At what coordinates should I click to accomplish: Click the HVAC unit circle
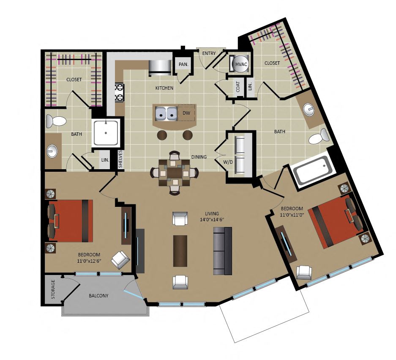click(x=241, y=64)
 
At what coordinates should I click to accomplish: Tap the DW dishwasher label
click(x=186, y=113)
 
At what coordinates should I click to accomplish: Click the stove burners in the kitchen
click(x=119, y=92)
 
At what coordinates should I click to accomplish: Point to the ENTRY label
click(x=209, y=53)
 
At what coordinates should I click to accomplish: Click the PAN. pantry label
click(x=183, y=64)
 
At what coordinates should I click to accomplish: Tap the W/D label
click(x=228, y=162)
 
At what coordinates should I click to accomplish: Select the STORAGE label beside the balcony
click(x=53, y=289)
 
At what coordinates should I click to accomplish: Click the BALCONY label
click(x=98, y=296)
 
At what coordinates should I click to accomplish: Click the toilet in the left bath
click(x=56, y=121)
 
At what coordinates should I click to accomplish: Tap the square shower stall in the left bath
click(x=106, y=133)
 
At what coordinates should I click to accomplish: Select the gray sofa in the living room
click(x=222, y=251)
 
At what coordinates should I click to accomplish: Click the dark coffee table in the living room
click(x=180, y=251)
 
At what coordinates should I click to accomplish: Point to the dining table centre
click(x=174, y=173)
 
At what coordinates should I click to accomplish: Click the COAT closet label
click(x=238, y=86)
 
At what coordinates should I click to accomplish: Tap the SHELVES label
click(x=120, y=159)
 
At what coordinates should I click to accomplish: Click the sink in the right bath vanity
click(x=309, y=109)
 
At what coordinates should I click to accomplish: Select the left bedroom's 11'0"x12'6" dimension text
click(x=89, y=261)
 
